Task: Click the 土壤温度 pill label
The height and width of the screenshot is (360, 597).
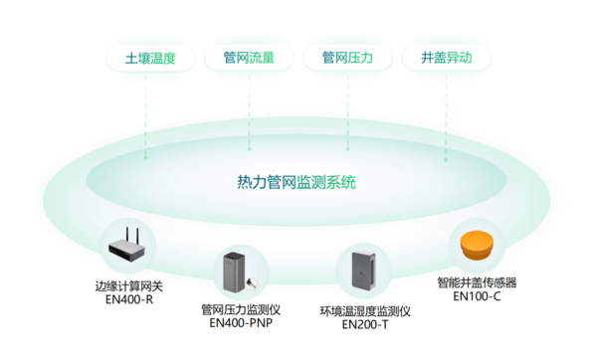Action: click(150, 59)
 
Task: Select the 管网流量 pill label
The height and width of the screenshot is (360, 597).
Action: click(248, 59)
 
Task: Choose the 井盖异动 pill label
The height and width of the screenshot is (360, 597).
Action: click(445, 59)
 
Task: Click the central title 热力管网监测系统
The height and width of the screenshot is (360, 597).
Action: click(297, 182)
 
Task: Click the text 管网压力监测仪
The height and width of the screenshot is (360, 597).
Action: click(241, 309)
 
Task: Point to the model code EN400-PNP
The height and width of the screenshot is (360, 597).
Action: click(241, 322)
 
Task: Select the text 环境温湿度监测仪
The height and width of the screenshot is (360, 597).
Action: click(364, 311)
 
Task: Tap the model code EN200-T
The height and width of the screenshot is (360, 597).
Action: click(364, 324)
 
